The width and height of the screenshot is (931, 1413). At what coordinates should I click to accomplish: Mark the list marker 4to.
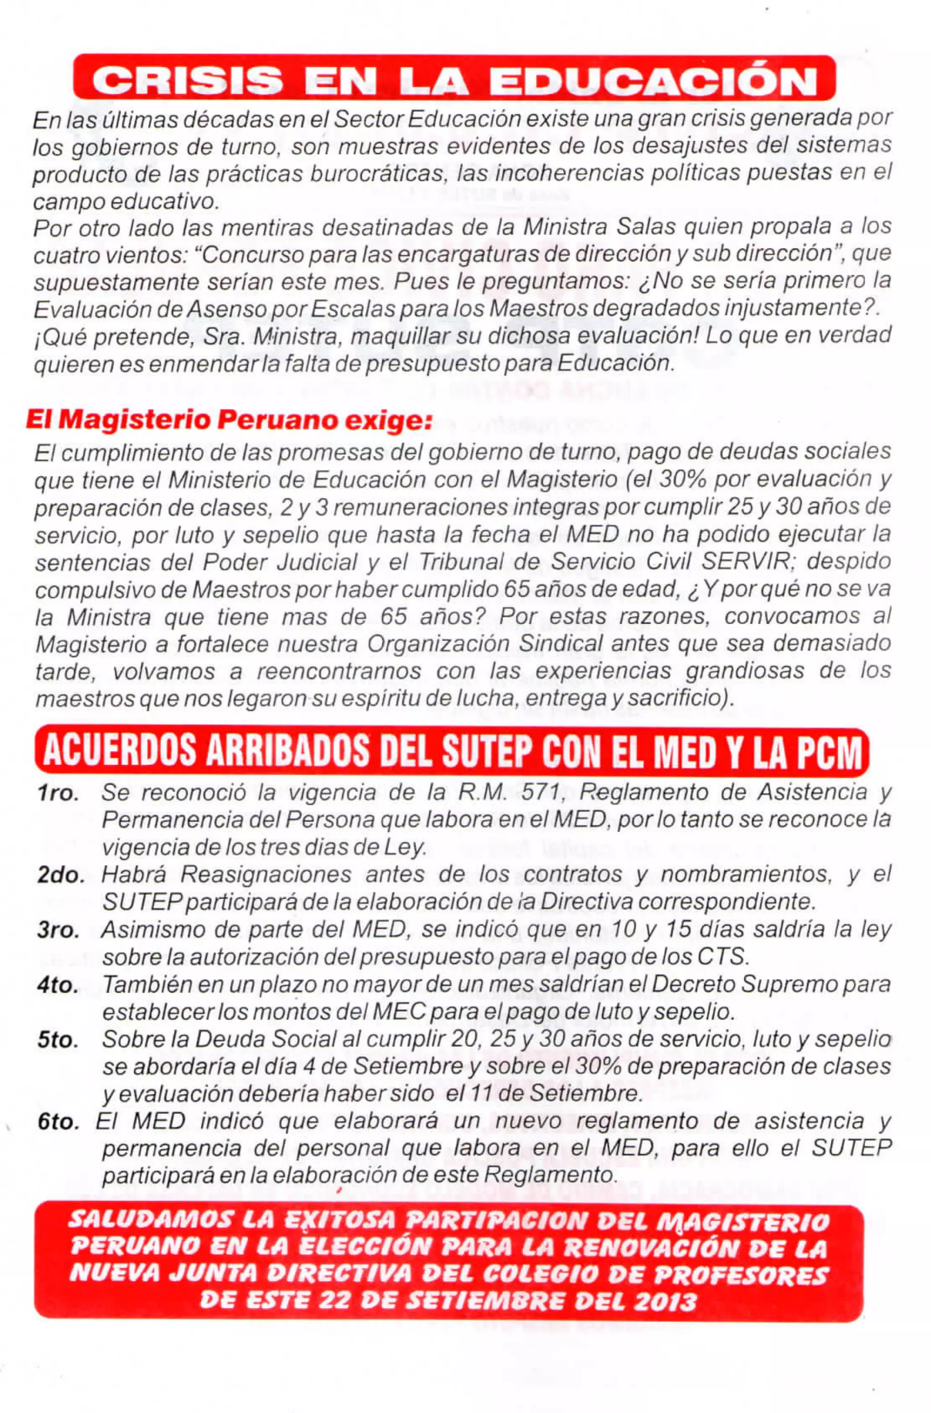58,986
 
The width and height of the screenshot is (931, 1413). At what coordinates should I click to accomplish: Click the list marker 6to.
58,1122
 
